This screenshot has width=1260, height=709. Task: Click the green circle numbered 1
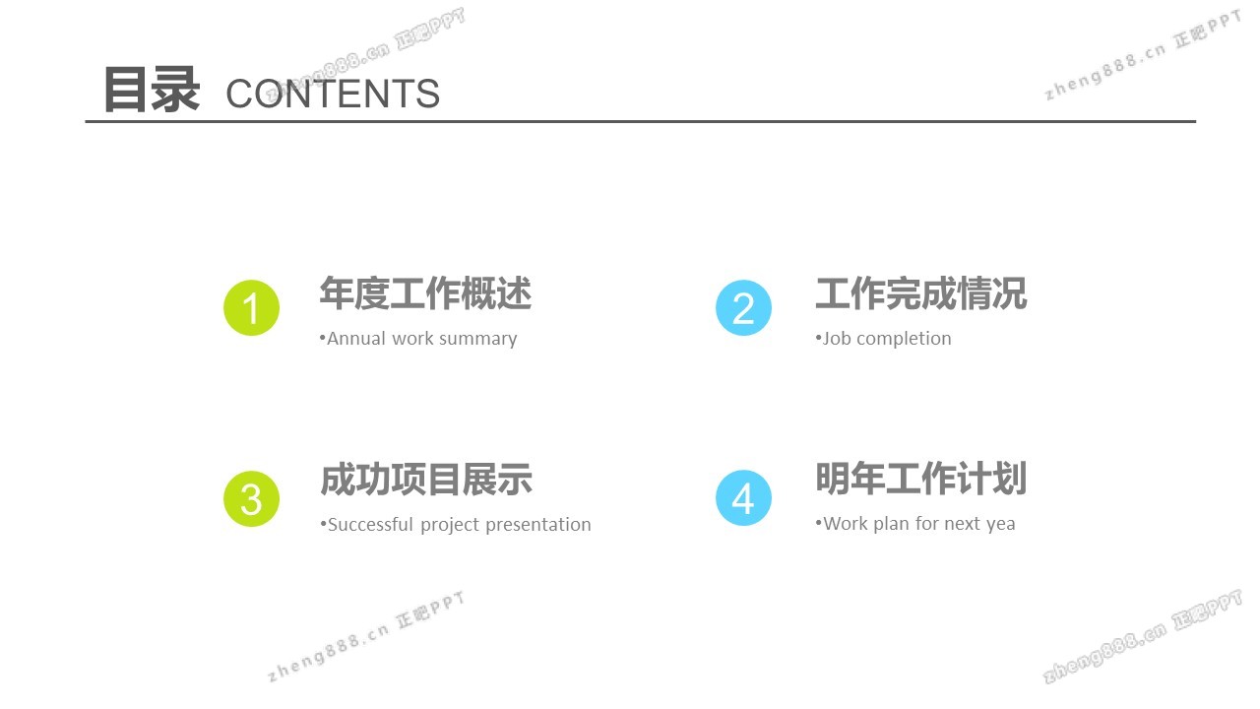[251, 308]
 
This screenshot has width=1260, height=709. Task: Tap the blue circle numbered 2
[743, 308]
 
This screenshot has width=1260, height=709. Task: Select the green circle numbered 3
[251, 498]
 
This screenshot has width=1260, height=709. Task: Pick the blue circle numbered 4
[743, 498]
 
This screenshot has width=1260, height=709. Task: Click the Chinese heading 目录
[152, 90]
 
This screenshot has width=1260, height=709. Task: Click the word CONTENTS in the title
[333, 94]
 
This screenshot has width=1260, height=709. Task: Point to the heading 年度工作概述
[425, 293]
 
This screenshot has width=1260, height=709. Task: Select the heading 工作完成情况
[921, 293]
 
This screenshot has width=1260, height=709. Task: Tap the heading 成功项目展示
[426, 480]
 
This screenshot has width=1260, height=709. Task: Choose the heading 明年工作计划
[921, 479]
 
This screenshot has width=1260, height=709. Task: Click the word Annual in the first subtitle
[356, 338]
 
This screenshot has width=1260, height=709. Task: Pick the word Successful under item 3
[371, 525]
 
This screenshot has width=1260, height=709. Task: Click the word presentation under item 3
[538, 526]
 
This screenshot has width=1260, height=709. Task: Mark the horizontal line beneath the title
[641, 121]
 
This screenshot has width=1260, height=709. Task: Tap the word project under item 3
[450, 526]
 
